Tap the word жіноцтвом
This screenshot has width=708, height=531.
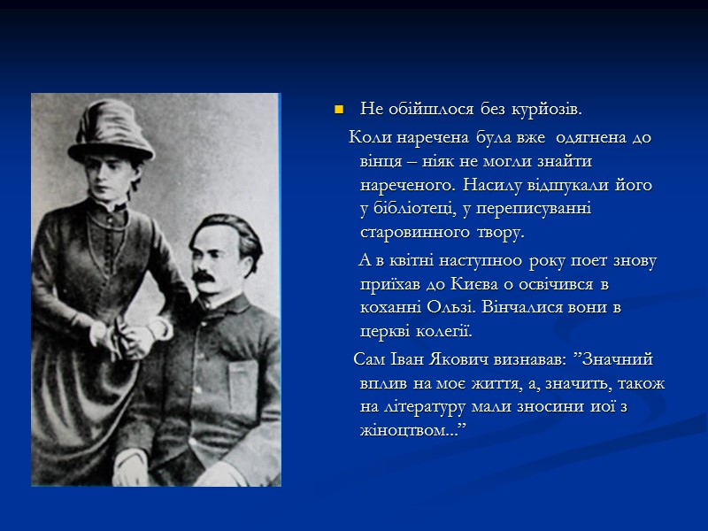(407, 429)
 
